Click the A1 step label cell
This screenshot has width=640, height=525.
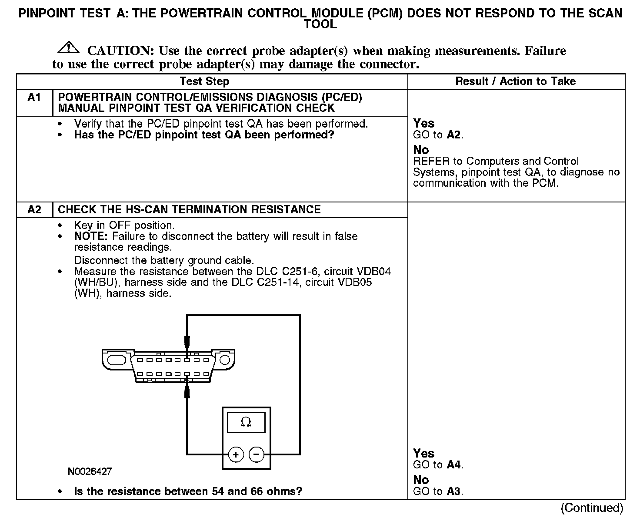coord(34,97)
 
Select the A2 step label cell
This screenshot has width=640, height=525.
coord(34,209)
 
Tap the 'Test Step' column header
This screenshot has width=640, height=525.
coord(204,81)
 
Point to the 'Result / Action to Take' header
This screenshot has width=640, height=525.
coord(515,81)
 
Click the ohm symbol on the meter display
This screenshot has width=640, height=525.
coord(246,422)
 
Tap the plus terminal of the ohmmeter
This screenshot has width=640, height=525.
coord(236,455)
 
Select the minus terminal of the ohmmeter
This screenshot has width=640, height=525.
coord(257,455)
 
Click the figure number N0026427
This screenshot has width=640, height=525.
coord(90,471)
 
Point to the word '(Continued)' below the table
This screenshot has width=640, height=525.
coord(592,508)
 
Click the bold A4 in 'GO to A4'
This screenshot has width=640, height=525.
coord(453,464)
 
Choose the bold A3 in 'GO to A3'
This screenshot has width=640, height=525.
coord(453,491)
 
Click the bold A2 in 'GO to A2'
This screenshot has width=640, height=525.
coord(453,135)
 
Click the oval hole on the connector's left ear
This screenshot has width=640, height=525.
coord(116,360)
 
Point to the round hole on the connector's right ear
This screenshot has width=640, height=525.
coord(224,360)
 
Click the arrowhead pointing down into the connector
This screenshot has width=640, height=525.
coord(187,341)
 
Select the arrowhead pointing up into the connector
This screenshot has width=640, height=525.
coord(187,391)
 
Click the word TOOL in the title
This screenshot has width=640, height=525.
coord(320,24)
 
